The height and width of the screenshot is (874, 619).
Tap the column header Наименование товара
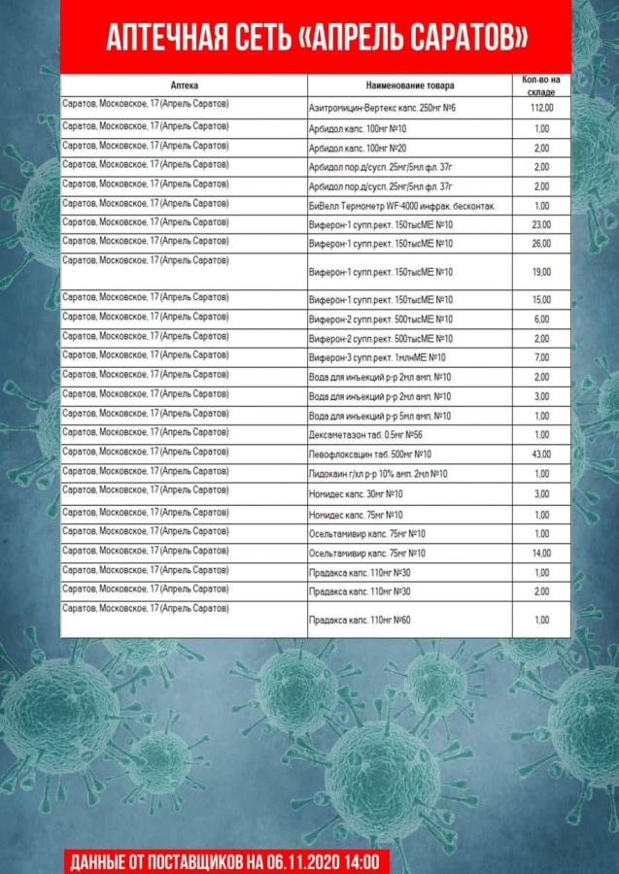tap(409, 85)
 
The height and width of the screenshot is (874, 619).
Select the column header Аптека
tap(184, 85)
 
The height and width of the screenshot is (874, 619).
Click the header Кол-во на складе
tap(541, 84)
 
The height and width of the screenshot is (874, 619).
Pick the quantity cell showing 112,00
tap(541, 108)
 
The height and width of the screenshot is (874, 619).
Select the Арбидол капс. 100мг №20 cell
tap(357, 148)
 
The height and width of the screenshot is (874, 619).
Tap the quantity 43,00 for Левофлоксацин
tap(541, 454)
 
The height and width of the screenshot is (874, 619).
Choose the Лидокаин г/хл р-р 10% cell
tap(377, 474)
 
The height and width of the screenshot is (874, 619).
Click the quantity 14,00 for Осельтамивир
tap(541, 553)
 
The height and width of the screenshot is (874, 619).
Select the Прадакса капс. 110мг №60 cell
tap(359, 620)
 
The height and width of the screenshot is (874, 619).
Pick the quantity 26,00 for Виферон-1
tap(541, 243)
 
